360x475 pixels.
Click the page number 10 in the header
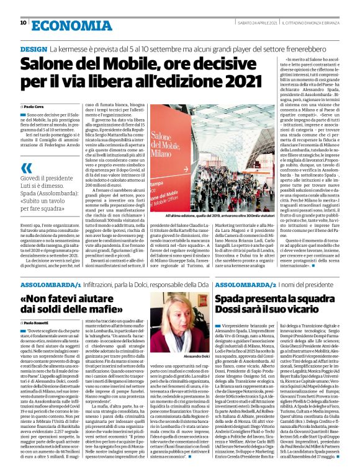[x=23, y=23]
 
